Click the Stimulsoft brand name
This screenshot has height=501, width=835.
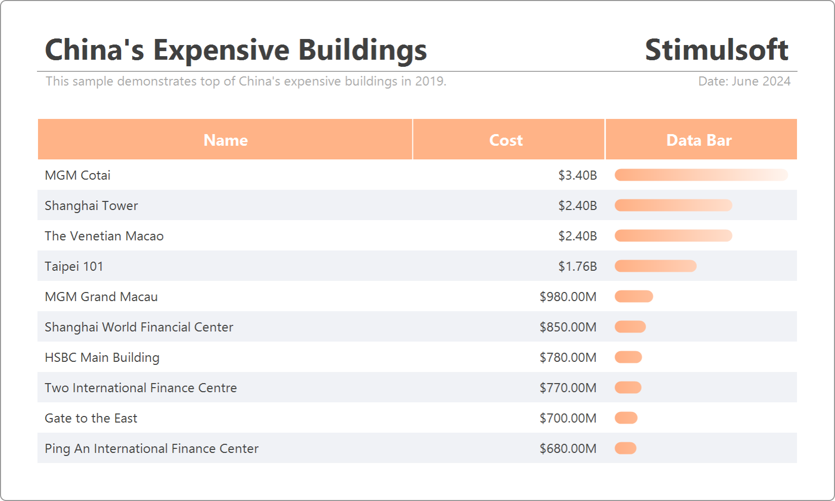pos(716,50)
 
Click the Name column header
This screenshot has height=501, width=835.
pos(225,140)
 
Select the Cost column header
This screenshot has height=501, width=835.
pos(506,140)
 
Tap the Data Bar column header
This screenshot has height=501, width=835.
pos(699,140)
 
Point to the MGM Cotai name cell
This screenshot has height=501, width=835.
pos(78,175)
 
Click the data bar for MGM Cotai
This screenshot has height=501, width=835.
pos(701,175)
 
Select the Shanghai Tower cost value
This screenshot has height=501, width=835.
pos(578,205)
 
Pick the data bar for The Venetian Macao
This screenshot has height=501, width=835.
pos(673,236)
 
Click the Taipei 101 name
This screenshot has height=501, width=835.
pos(74,266)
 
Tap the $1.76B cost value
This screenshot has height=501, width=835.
pos(578,266)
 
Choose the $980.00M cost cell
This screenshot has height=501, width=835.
pos(568,297)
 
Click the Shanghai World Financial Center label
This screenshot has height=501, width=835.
pos(139,327)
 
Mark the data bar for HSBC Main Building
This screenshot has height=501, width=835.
pos(628,357)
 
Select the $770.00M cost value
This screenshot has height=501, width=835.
pos(568,388)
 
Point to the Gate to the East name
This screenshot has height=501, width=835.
pos(91,418)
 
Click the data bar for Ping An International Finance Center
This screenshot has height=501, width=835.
pos(625,448)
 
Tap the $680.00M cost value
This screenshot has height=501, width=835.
pos(568,448)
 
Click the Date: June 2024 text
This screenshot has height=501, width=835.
pos(744,81)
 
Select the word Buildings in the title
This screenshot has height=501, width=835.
pos(362,51)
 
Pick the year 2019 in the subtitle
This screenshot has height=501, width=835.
pos(429,81)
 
